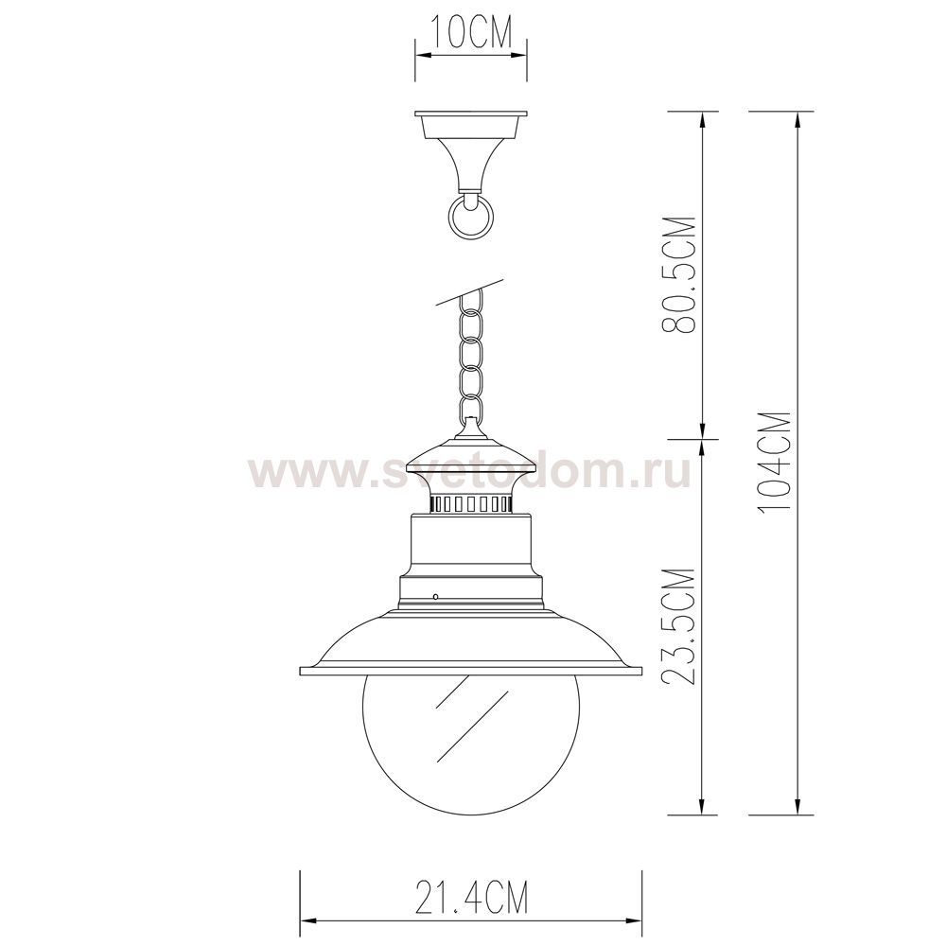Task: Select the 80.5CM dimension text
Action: (x=678, y=274)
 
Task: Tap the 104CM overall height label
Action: (x=775, y=463)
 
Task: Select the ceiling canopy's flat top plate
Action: (x=471, y=114)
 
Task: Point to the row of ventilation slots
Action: (x=471, y=503)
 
